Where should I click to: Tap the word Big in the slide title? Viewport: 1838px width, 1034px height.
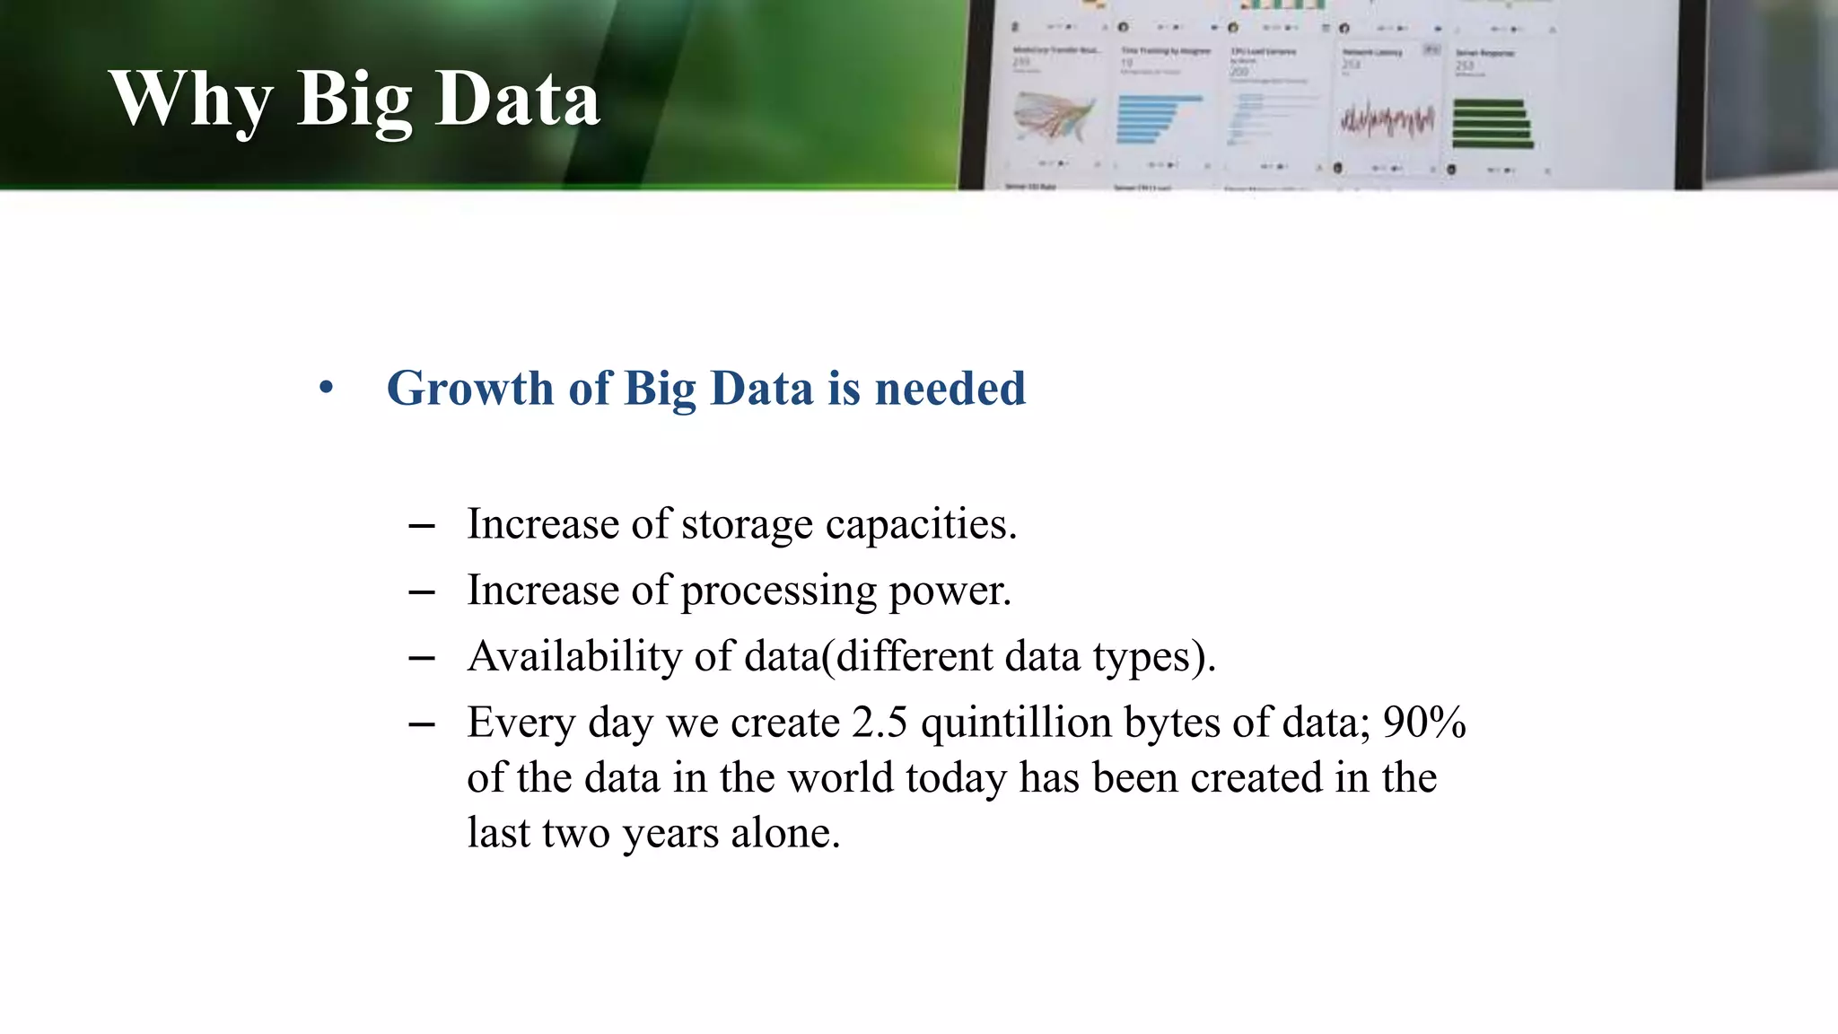pos(354,101)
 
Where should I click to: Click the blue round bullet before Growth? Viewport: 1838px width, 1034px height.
pos(326,389)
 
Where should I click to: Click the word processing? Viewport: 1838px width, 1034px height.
pos(778,591)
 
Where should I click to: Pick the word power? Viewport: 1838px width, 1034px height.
pos(950,591)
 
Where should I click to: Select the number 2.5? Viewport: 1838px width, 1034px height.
pos(880,723)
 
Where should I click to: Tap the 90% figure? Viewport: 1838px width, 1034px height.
pos(1424,723)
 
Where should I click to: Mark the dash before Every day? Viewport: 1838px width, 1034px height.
pos(422,724)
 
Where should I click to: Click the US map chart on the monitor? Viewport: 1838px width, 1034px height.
pos(1054,118)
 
